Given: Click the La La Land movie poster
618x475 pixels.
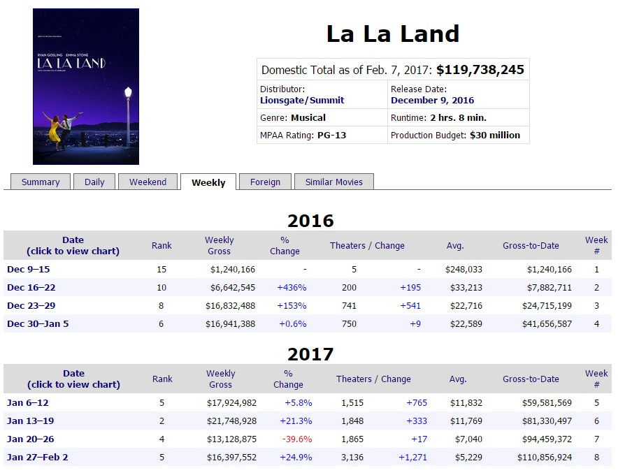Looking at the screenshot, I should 86,87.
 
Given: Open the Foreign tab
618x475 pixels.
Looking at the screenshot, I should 265,182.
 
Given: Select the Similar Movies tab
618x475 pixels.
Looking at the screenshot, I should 333,182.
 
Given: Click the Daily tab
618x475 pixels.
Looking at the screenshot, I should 94,182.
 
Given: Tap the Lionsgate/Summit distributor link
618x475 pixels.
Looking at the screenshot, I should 302,101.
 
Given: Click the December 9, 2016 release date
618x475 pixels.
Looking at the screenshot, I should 432,101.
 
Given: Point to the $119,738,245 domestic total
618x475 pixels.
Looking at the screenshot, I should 480,70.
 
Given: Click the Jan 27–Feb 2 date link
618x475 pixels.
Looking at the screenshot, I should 38,458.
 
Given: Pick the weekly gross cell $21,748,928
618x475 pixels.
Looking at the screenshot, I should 231,421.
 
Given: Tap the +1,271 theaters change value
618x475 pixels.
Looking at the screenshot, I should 412,458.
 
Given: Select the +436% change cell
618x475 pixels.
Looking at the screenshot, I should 292,288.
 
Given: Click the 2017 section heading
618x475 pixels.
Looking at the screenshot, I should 310,354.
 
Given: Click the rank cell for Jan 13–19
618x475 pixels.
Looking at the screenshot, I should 162,421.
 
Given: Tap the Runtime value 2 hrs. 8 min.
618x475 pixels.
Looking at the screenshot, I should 458,118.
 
